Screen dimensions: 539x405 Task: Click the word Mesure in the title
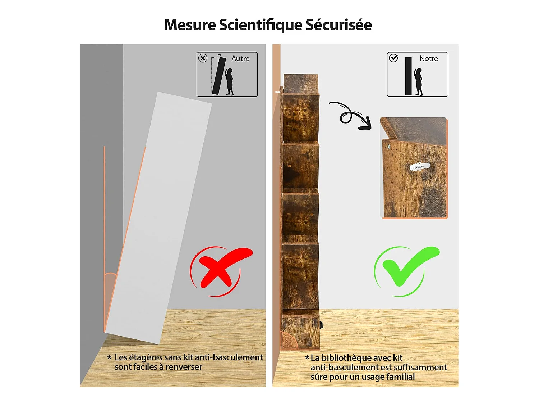(x=190, y=25)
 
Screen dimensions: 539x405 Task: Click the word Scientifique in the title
(x=261, y=25)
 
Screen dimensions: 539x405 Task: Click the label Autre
(x=240, y=59)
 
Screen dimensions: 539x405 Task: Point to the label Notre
(x=428, y=59)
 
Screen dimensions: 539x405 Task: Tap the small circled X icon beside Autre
(x=203, y=58)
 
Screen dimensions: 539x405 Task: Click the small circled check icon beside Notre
(x=393, y=58)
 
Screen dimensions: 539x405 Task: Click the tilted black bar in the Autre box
(x=219, y=76)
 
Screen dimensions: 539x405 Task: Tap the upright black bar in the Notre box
(x=408, y=76)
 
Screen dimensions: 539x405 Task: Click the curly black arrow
(x=350, y=115)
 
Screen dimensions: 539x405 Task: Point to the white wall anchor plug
(x=420, y=166)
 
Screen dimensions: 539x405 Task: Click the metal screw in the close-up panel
(x=388, y=147)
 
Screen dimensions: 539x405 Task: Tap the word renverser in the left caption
(x=184, y=367)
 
